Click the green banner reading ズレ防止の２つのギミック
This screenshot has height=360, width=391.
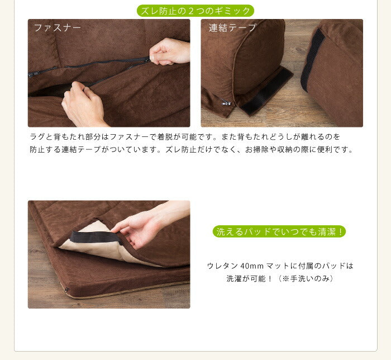[x=195, y=11]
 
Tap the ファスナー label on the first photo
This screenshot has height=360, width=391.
[x=58, y=28]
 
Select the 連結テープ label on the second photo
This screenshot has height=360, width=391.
[x=233, y=28]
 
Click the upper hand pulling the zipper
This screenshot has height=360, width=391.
[x=169, y=51]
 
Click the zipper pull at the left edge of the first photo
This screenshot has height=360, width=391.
[x=31, y=74]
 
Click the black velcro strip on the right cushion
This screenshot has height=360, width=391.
[x=312, y=59]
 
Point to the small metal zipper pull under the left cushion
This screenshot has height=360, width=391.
[x=226, y=102]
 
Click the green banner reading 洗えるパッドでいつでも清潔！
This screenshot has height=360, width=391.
[x=279, y=231]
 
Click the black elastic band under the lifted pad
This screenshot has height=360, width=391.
[x=96, y=237]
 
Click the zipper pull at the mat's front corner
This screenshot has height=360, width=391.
[x=66, y=290]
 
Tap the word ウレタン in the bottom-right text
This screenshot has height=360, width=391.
[x=222, y=266]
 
